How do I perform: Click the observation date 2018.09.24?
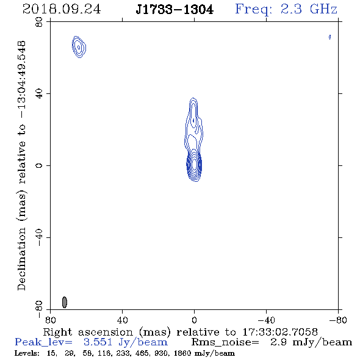[x=62, y=9]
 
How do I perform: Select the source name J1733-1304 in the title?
[x=175, y=10]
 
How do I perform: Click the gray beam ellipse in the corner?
[x=65, y=302]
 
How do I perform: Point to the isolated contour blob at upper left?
[x=79, y=47]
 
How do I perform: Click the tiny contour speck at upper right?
[x=329, y=37]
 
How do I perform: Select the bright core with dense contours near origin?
[x=194, y=165]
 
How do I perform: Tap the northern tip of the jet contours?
[x=193, y=98]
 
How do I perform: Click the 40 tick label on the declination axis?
[x=39, y=94]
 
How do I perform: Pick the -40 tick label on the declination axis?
[x=39, y=237]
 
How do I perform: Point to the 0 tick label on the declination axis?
[x=39, y=165]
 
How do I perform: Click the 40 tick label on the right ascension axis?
[x=122, y=320]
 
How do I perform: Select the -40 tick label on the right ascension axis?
[x=266, y=320]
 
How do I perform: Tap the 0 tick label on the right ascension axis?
[x=194, y=320]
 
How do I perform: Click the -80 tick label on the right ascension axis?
[x=338, y=320]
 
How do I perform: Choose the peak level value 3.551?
[x=98, y=342]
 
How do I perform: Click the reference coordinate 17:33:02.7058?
[x=280, y=332]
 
